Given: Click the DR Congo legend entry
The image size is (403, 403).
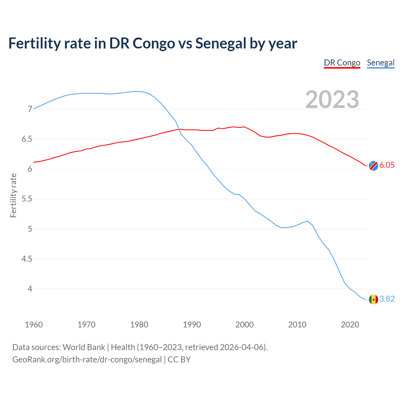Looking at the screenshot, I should [x=342, y=63].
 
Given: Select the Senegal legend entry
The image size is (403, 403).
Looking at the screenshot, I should [x=381, y=63].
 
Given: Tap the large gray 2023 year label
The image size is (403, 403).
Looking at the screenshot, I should [x=332, y=99].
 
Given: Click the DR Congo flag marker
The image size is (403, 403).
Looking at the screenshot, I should [x=373, y=166].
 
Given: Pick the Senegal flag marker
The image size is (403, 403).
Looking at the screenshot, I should [x=373, y=299].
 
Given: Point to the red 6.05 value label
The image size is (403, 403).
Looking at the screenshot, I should [x=387, y=165].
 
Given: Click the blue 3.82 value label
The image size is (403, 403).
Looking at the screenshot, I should [x=387, y=299].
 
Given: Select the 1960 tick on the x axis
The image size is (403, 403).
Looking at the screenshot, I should [x=34, y=325].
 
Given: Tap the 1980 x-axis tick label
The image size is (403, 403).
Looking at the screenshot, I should [x=139, y=325].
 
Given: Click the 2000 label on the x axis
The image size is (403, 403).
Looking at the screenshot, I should [x=244, y=325].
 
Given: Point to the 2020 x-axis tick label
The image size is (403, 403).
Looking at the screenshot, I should [x=350, y=325].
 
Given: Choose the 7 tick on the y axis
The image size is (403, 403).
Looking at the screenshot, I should [x=30, y=109].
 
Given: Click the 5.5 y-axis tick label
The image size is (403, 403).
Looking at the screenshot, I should [x=27, y=199].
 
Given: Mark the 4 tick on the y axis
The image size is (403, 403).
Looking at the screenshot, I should [x=30, y=289].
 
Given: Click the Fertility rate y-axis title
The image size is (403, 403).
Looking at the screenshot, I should [x=13, y=195].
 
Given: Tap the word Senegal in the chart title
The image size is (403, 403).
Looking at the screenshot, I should [x=221, y=43].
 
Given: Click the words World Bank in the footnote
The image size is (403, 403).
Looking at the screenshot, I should [x=84, y=347].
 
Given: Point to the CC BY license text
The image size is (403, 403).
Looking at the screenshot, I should [x=179, y=360].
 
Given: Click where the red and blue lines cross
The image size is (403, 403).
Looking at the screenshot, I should [x=180, y=129].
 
